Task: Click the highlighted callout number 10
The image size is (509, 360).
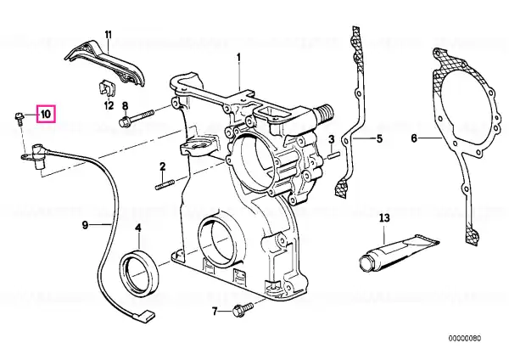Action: click(x=46, y=114)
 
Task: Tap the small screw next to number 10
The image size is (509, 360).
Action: click(x=19, y=118)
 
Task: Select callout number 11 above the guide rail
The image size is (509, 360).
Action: click(x=108, y=34)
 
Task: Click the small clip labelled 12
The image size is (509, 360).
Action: click(x=106, y=87)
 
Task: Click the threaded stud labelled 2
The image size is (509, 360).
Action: click(x=165, y=185)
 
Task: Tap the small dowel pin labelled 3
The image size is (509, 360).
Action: click(x=333, y=156)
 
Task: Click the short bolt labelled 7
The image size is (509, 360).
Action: click(x=243, y=309)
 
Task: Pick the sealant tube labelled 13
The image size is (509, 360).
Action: click(x=400, y=250)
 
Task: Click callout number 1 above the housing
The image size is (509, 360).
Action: click(x=239, y=59)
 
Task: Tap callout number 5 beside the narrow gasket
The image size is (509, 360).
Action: click(x=379, y=139)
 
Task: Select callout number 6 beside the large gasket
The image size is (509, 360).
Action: click(x=414, y=138)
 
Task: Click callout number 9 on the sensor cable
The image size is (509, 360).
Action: click(x=85, y=225)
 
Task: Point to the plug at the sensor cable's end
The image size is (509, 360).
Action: click(x=145, y=314)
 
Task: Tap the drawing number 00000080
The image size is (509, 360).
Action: click(x=465, y=339)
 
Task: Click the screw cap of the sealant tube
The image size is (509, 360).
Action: click(x=366, y=262)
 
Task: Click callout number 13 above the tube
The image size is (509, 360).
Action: click(x=384, y=217)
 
